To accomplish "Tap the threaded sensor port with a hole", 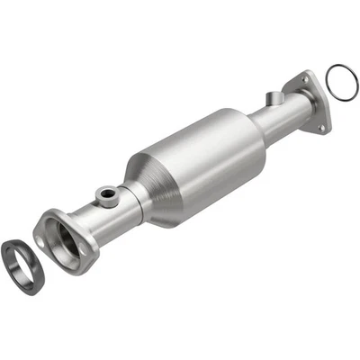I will point(107,193).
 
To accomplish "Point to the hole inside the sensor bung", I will point(107,191).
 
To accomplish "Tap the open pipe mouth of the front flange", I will point(64,241).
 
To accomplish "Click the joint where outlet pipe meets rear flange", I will point(295,105).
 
